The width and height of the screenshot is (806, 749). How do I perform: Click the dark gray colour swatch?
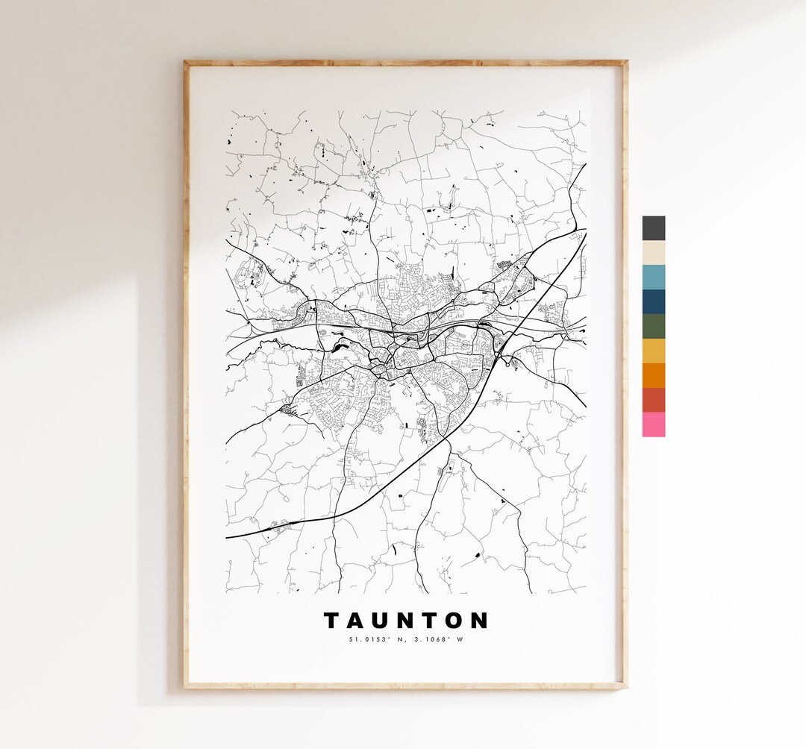tap(653, 228)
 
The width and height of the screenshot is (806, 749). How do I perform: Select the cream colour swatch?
tap(653, 253)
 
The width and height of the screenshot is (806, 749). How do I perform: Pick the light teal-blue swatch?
tap(653, 278)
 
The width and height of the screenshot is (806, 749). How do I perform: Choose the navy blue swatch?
tap(653, 302)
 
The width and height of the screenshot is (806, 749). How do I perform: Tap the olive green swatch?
tap(653, 327)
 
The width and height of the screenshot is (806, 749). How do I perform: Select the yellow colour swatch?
tap(653, 351)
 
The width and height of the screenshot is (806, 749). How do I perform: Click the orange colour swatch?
tap(653, 375)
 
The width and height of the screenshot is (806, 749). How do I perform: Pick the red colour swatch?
tap(653, 400)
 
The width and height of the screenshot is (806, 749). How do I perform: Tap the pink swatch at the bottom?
tap(653, 424)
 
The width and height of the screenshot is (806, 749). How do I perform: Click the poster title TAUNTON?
tap(406, 621)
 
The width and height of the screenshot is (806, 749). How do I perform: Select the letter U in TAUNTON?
tap(382, 621)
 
